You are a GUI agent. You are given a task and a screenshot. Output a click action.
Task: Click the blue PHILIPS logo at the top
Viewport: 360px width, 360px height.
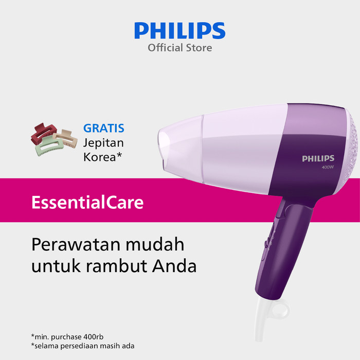tap(180, 30)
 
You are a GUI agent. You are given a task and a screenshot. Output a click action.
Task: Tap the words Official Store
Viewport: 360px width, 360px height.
tap(180, 48)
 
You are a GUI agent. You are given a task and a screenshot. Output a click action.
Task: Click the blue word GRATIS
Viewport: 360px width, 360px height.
tap(104, 128)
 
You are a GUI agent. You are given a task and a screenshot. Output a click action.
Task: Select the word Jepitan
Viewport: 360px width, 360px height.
tap(103, 143)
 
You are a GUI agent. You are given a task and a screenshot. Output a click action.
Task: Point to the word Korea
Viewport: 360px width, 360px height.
tap(100, 157)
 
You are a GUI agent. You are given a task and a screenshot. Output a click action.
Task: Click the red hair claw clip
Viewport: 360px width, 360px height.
tap(44, 133)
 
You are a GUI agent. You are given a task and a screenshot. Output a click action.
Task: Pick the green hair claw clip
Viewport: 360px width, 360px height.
tap(49, 146)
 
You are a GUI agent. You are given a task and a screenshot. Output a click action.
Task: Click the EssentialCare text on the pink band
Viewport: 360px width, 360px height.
tap(87, 202)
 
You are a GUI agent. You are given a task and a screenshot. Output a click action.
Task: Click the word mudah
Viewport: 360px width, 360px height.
tap(155, 244)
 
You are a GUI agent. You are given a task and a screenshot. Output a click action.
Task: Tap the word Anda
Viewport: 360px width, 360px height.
tap(174, 266)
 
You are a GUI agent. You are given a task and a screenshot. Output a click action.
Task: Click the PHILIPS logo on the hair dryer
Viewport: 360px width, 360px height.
tap(318, 158)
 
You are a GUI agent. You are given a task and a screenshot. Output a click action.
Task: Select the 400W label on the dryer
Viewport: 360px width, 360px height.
tap(328, 167)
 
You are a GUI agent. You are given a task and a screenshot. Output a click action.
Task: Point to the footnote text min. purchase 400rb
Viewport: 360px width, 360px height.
tap(67, 337)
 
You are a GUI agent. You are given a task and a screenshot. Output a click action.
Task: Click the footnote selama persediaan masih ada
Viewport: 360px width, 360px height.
tap(83, 346)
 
